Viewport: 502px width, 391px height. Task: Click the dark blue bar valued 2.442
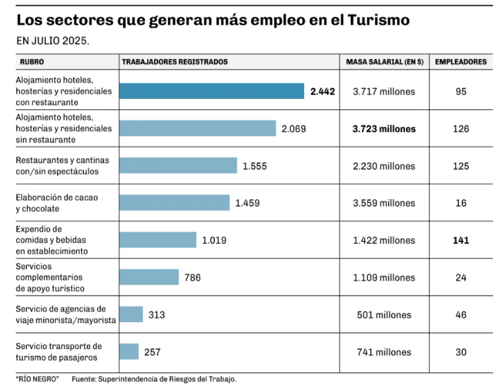point(211,91)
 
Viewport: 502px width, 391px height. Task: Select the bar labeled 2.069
point(197,129)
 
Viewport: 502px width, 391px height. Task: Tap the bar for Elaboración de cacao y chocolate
point(174,203)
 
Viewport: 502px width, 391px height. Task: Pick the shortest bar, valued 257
point(129,352)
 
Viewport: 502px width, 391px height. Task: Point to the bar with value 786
point(149,278)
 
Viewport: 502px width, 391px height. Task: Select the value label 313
point(157,315)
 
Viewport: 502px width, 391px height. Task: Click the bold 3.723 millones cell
point(384,129)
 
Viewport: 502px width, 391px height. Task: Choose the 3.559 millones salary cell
point(384,203)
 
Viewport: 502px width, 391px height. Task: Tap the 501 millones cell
point(384,315)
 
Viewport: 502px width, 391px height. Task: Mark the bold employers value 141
point(461,241)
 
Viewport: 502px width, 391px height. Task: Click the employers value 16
point(461,203)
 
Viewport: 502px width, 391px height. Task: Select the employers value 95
point(461,91)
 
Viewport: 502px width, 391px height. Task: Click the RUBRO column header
point(32,62)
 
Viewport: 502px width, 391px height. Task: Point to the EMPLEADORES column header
point(461,62)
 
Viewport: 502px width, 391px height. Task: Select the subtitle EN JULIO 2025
point(53,41)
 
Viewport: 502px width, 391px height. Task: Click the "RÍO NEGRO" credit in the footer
point(38,379)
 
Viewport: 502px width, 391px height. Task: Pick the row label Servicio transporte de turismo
point(58,352)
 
